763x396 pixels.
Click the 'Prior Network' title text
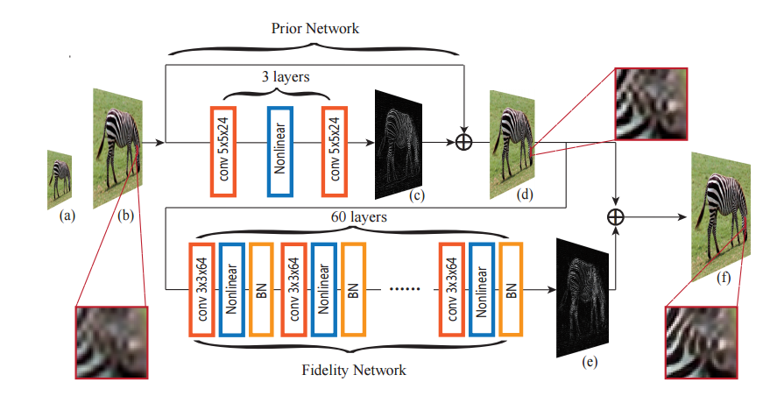click(314, 29)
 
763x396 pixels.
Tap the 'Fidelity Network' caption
click(354, 371)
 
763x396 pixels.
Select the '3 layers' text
click(285, 76)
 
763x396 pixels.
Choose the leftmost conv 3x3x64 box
click(203, 290)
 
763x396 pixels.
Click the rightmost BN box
click(511, 290)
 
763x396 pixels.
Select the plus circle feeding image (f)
click(619, 215)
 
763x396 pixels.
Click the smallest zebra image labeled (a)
click(60, 176)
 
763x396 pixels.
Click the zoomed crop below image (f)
click(701, 338)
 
